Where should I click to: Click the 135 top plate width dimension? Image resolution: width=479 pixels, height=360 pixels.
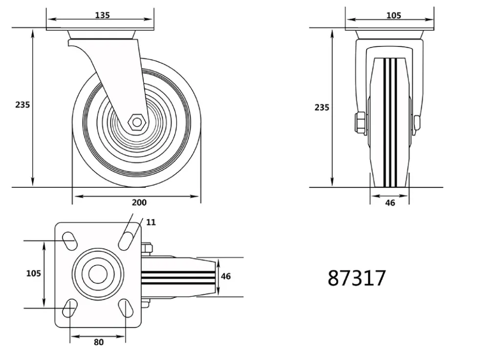tap(102, 15)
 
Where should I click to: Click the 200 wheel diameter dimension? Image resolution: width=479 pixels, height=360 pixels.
tap(139, 202)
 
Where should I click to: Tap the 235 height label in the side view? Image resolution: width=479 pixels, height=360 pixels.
tap(22, 105)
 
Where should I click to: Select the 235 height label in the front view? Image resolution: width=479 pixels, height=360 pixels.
tap(322, 107)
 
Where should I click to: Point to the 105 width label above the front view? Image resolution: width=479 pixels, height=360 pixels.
tap(393, 15)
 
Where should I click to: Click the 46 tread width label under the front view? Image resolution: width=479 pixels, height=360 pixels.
tap(390, 202)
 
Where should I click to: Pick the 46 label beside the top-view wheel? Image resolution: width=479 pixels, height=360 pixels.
tap(226, 276)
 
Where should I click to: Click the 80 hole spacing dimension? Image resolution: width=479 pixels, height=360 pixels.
tap(98, 342)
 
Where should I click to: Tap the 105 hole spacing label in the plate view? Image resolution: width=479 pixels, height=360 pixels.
tap(33, 273)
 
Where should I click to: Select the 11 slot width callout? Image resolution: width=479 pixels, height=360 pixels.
tap(151, 222)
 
